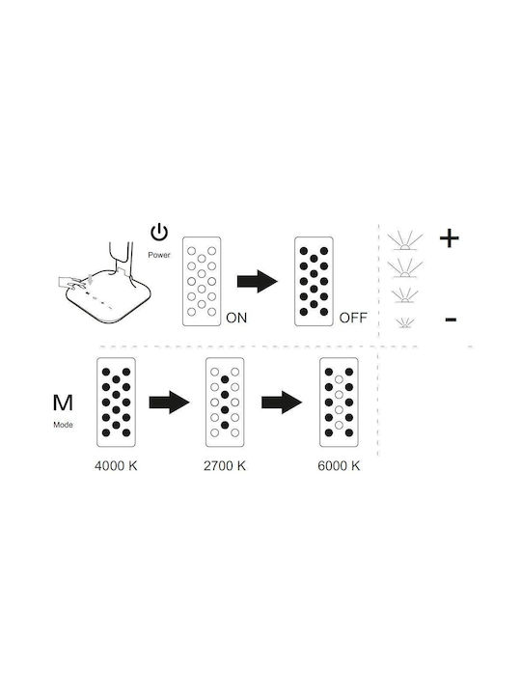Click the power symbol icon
(159, 233)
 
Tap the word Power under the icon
(159, 255)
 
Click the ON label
(236, 318)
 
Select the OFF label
(353, 318)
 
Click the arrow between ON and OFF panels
(258, 282)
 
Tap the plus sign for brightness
(450, 238)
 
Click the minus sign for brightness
(451, 319)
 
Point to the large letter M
(63, 403)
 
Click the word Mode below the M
(63, 425)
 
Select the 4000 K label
(116, 466)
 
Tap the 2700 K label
(225, 466)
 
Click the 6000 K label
(339, 466)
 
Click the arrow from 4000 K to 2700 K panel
(169, 403)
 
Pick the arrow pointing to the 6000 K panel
(282, 403)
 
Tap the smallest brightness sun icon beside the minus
(405, 323)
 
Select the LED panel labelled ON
(202, 282)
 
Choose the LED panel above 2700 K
(225, 402)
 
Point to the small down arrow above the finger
(91, 279)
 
